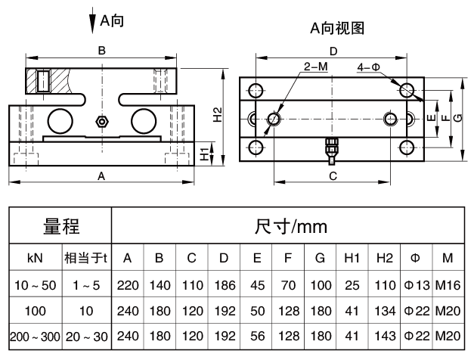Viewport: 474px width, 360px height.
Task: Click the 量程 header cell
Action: (x=61, y=226)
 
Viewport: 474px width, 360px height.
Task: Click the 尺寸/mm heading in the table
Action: (x=291, y=226)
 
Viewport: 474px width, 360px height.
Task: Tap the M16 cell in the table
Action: (x=448, y=285)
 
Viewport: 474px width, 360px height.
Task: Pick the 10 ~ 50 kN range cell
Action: (x=35, y=285)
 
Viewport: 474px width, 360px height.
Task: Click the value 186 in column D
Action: (x=224, y=285)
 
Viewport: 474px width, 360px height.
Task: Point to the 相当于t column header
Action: (x=87, y=258)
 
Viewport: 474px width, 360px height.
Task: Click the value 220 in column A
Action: (x=128, y=285)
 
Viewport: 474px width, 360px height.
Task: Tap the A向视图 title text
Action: (x=337, y=28)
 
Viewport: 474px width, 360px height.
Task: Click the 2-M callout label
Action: (x=315, y=67)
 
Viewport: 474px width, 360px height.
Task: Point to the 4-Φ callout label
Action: (x=369, y=67)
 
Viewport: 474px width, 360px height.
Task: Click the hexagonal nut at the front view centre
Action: (x=102, y=121)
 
